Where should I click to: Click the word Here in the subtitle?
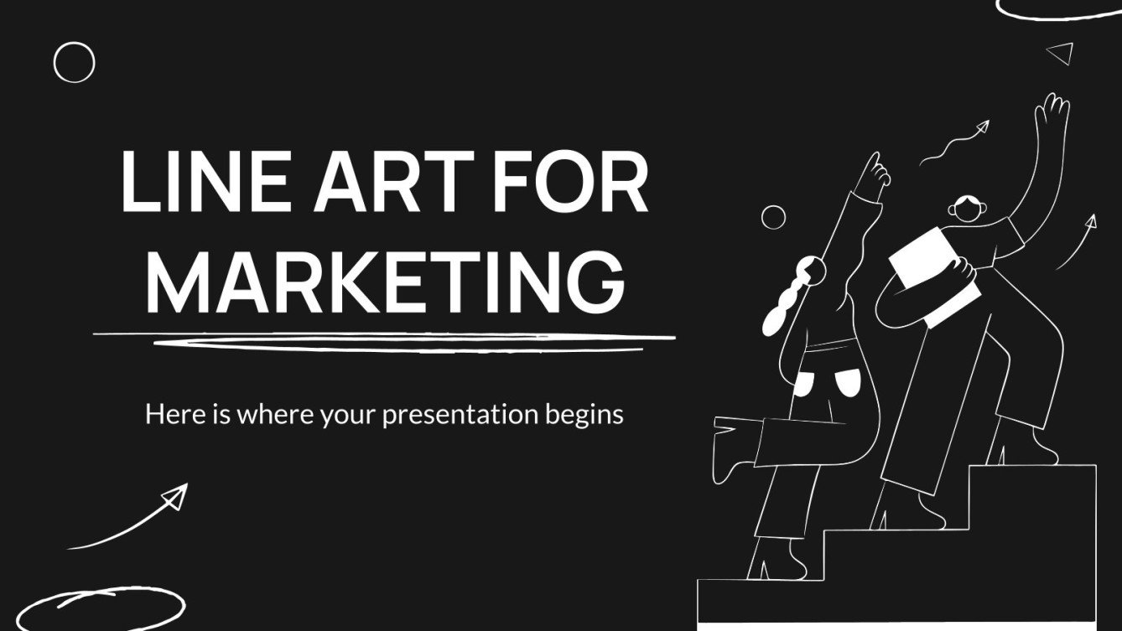coord(172,414)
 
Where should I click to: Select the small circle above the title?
coord(74,63)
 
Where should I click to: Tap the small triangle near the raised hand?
coord(1062,53)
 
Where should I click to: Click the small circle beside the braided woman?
coord(773,217)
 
